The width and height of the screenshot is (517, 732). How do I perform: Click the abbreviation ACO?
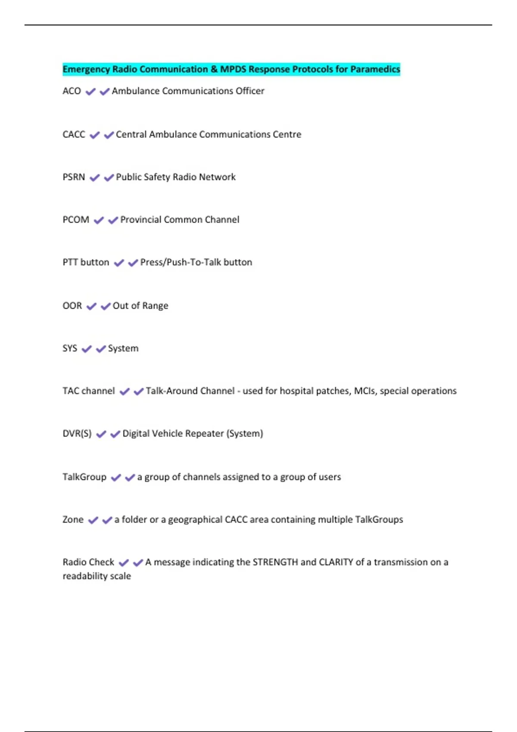tap(72, 91)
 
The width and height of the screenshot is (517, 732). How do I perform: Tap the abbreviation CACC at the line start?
tap(74, 134)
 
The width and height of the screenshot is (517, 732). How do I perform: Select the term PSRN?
tap(74, 177)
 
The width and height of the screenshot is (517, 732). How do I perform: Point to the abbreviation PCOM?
tap(76, 220)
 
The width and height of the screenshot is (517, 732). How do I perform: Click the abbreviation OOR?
tap(72, 306)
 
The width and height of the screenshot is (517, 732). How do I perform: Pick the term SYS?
tap(70, 348)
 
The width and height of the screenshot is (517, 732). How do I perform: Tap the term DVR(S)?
tap(77, 434)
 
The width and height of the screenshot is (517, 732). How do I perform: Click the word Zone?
tap(73, 520)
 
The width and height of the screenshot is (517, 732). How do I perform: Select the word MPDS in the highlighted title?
tap(233, 69)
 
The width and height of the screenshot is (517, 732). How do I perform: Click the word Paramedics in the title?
tap(375, 69)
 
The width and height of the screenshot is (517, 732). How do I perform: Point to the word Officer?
tap(250, 91)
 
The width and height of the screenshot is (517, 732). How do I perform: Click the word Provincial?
tap(140, 220)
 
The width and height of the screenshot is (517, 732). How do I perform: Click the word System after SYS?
tap(123, 348)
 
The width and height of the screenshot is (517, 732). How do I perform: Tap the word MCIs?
tap(364, 391)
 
